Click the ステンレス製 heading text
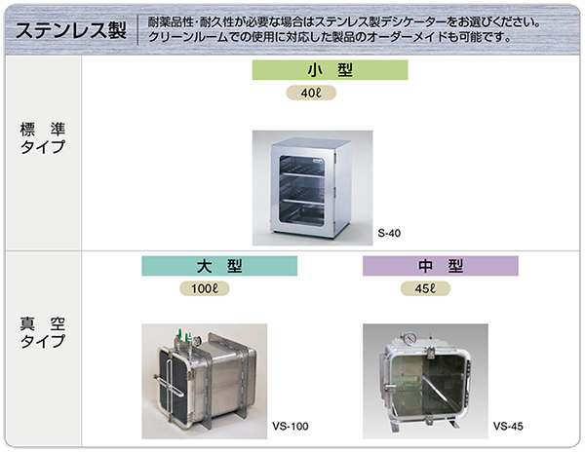pyautogui.click(x=65, y=28)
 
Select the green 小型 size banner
pyautogui.click(x=330, y=70)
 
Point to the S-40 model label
pyautogui.click(x=389, y=232)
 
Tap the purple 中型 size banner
pyautogui.click(x=440, y=266)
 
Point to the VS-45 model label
pyautogui.click(x=509, y=426)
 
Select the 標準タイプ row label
pyautogui.click(x=43, y=137)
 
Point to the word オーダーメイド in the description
pyautogui.click(x=407, y=37)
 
